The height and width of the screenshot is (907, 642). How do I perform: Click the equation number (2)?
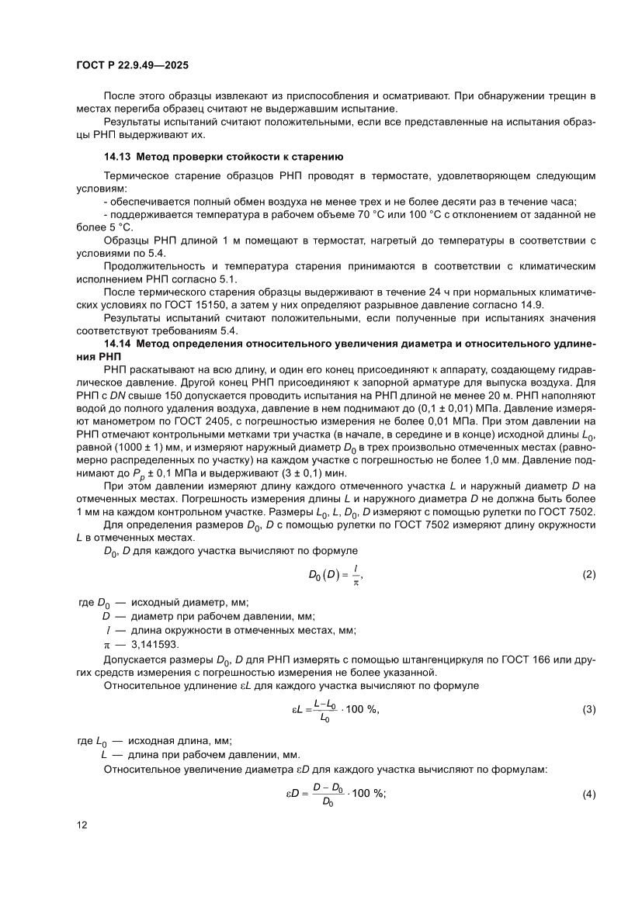point(588,574)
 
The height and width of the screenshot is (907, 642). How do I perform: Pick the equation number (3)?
point(588,710)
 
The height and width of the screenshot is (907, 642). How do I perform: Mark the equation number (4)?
point(588,793)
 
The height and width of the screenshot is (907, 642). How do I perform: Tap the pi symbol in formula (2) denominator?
point(356,581)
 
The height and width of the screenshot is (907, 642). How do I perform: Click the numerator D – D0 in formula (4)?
point(328,787)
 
